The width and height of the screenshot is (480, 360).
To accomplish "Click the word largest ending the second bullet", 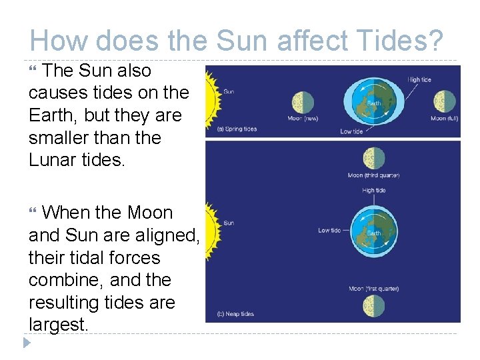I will click(x=59, y=325).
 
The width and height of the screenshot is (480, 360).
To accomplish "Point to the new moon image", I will click(x=303, y=102).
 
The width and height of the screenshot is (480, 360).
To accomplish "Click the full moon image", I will click(x=444, y=102).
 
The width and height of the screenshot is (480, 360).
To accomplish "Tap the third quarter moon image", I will click(x=374, y=158).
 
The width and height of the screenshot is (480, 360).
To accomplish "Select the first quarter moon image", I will click(x=374, y=305).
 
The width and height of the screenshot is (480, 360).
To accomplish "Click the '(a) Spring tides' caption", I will click(x=237, y=129).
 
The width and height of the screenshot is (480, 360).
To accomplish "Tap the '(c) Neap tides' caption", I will click(x=235, y=314).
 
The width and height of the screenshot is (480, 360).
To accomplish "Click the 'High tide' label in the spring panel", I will click(x=419, y=80).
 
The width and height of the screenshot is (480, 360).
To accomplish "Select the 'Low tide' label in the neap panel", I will click(x=329, y=231).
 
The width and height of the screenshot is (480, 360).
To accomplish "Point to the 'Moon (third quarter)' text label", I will click(x=374, y=175).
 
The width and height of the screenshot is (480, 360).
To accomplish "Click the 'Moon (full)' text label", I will click(x=444, y=119).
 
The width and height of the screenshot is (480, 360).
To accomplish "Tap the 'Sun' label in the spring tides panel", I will click(x=229, y=91).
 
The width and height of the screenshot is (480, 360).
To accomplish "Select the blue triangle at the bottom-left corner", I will click(x=26, y=343).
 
